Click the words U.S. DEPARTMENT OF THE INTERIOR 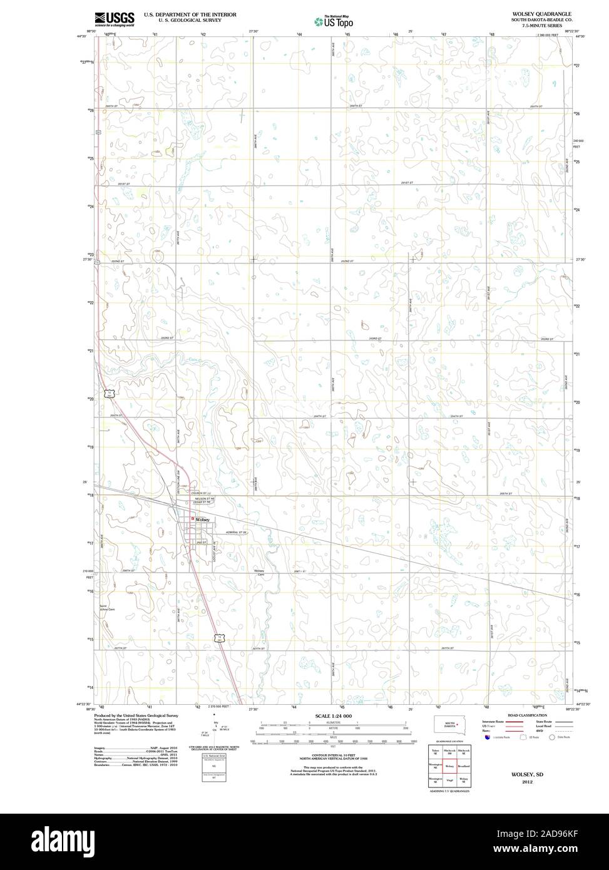click(190, 13)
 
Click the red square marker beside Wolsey click(192, 519)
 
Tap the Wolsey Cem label click(260, 573)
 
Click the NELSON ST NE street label click(203, 498)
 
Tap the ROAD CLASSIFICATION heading click(527, 715)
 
